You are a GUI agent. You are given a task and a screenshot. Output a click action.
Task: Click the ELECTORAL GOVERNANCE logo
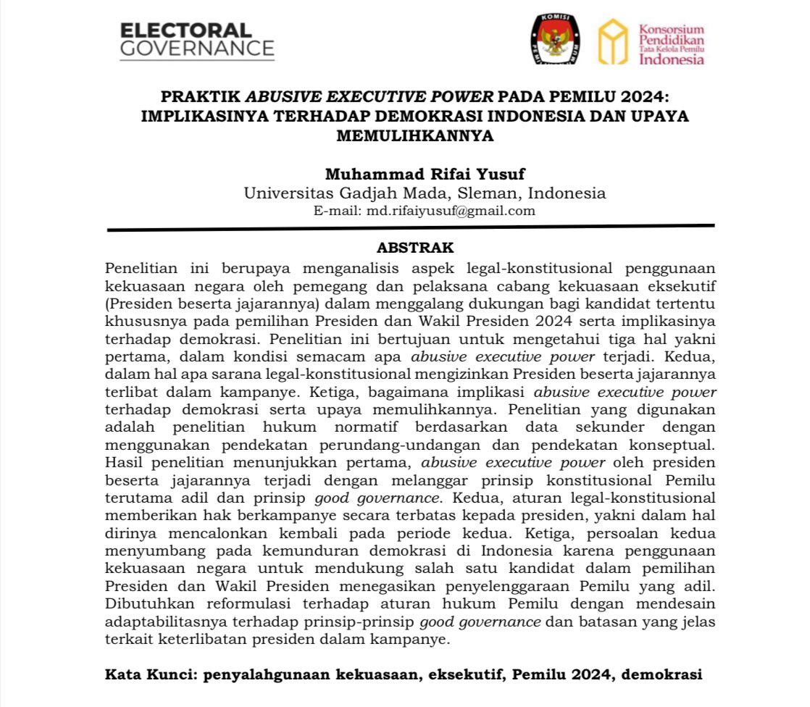click(197, 40)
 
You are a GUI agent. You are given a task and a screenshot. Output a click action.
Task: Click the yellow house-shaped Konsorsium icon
click(612, 42)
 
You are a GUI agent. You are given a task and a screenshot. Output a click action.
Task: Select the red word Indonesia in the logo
click(672, 59)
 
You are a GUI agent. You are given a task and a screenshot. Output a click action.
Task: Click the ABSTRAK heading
click(414, 248)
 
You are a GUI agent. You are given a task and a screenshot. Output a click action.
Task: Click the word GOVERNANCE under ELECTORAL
click(197, 49)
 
